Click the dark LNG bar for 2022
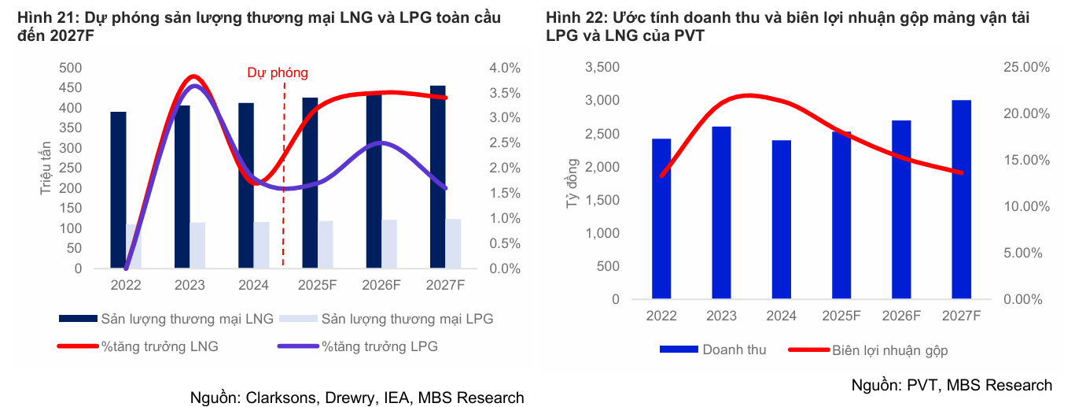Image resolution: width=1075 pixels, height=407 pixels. click(x=118, y=190)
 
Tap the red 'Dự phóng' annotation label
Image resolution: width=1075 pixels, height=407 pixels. click(x=278, y=73)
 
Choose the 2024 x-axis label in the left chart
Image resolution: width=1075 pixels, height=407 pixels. click(x=253, y=285)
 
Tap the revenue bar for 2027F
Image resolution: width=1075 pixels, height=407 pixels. click(x=961, y=200)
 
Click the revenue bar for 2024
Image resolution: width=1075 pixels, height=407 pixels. click(x=781, y=220)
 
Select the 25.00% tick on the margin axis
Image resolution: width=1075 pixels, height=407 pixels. click(x=1027, y=68)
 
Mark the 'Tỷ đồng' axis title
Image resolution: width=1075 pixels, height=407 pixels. click(x=572, y=183)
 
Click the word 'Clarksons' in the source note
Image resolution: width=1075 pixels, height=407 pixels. click(x=280, y=398)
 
